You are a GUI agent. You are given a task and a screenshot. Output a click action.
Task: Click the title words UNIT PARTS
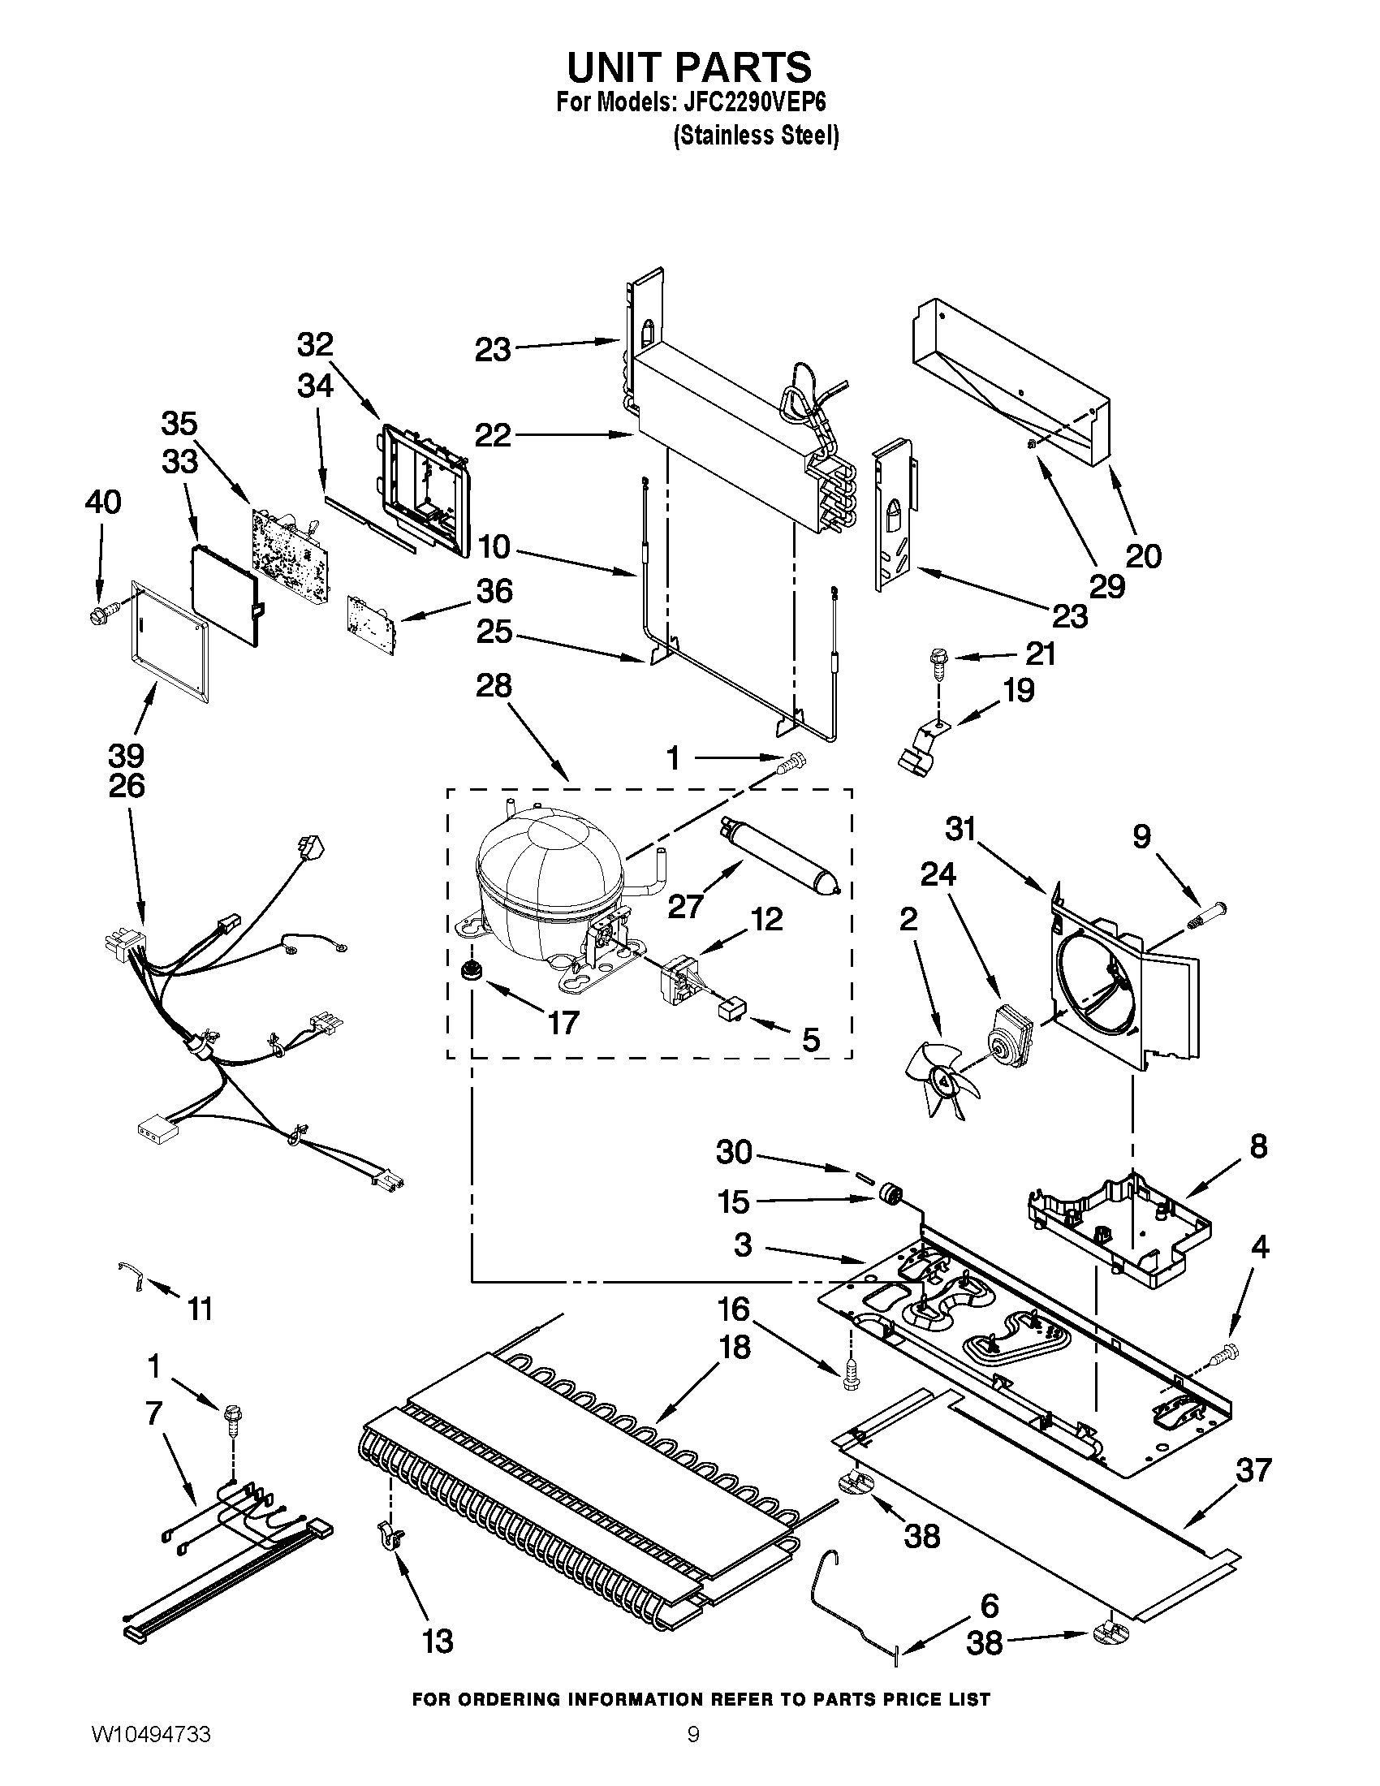point(689,67)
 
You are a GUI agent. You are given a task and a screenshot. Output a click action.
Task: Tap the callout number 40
point(102,501)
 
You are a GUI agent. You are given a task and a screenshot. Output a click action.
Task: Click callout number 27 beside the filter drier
point(685,906)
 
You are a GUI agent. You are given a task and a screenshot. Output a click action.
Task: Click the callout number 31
point(961,829)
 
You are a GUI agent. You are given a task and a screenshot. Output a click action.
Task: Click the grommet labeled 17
point(472,971)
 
